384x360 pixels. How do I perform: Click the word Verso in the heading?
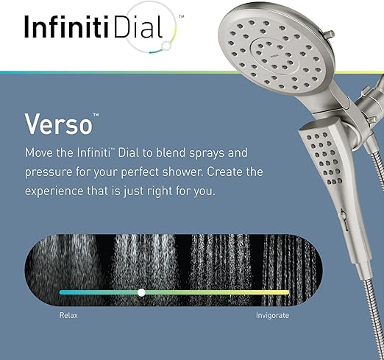tap(58, 124)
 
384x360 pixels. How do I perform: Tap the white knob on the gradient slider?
tap(141, 292)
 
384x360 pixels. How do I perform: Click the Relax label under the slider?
tap(68, 315)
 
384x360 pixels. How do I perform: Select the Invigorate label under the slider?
tap(272, 315)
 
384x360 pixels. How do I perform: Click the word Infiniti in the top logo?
tap(66, 27)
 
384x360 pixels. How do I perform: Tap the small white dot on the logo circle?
tap(167, 46)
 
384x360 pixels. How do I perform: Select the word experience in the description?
tap(54, 191)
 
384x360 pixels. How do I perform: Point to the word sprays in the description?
tap(207, 153)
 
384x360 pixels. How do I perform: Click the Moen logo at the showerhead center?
tap(274, 56)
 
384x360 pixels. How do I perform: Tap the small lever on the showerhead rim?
tap(329, 35)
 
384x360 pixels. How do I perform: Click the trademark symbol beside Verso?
tap(96, 115)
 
